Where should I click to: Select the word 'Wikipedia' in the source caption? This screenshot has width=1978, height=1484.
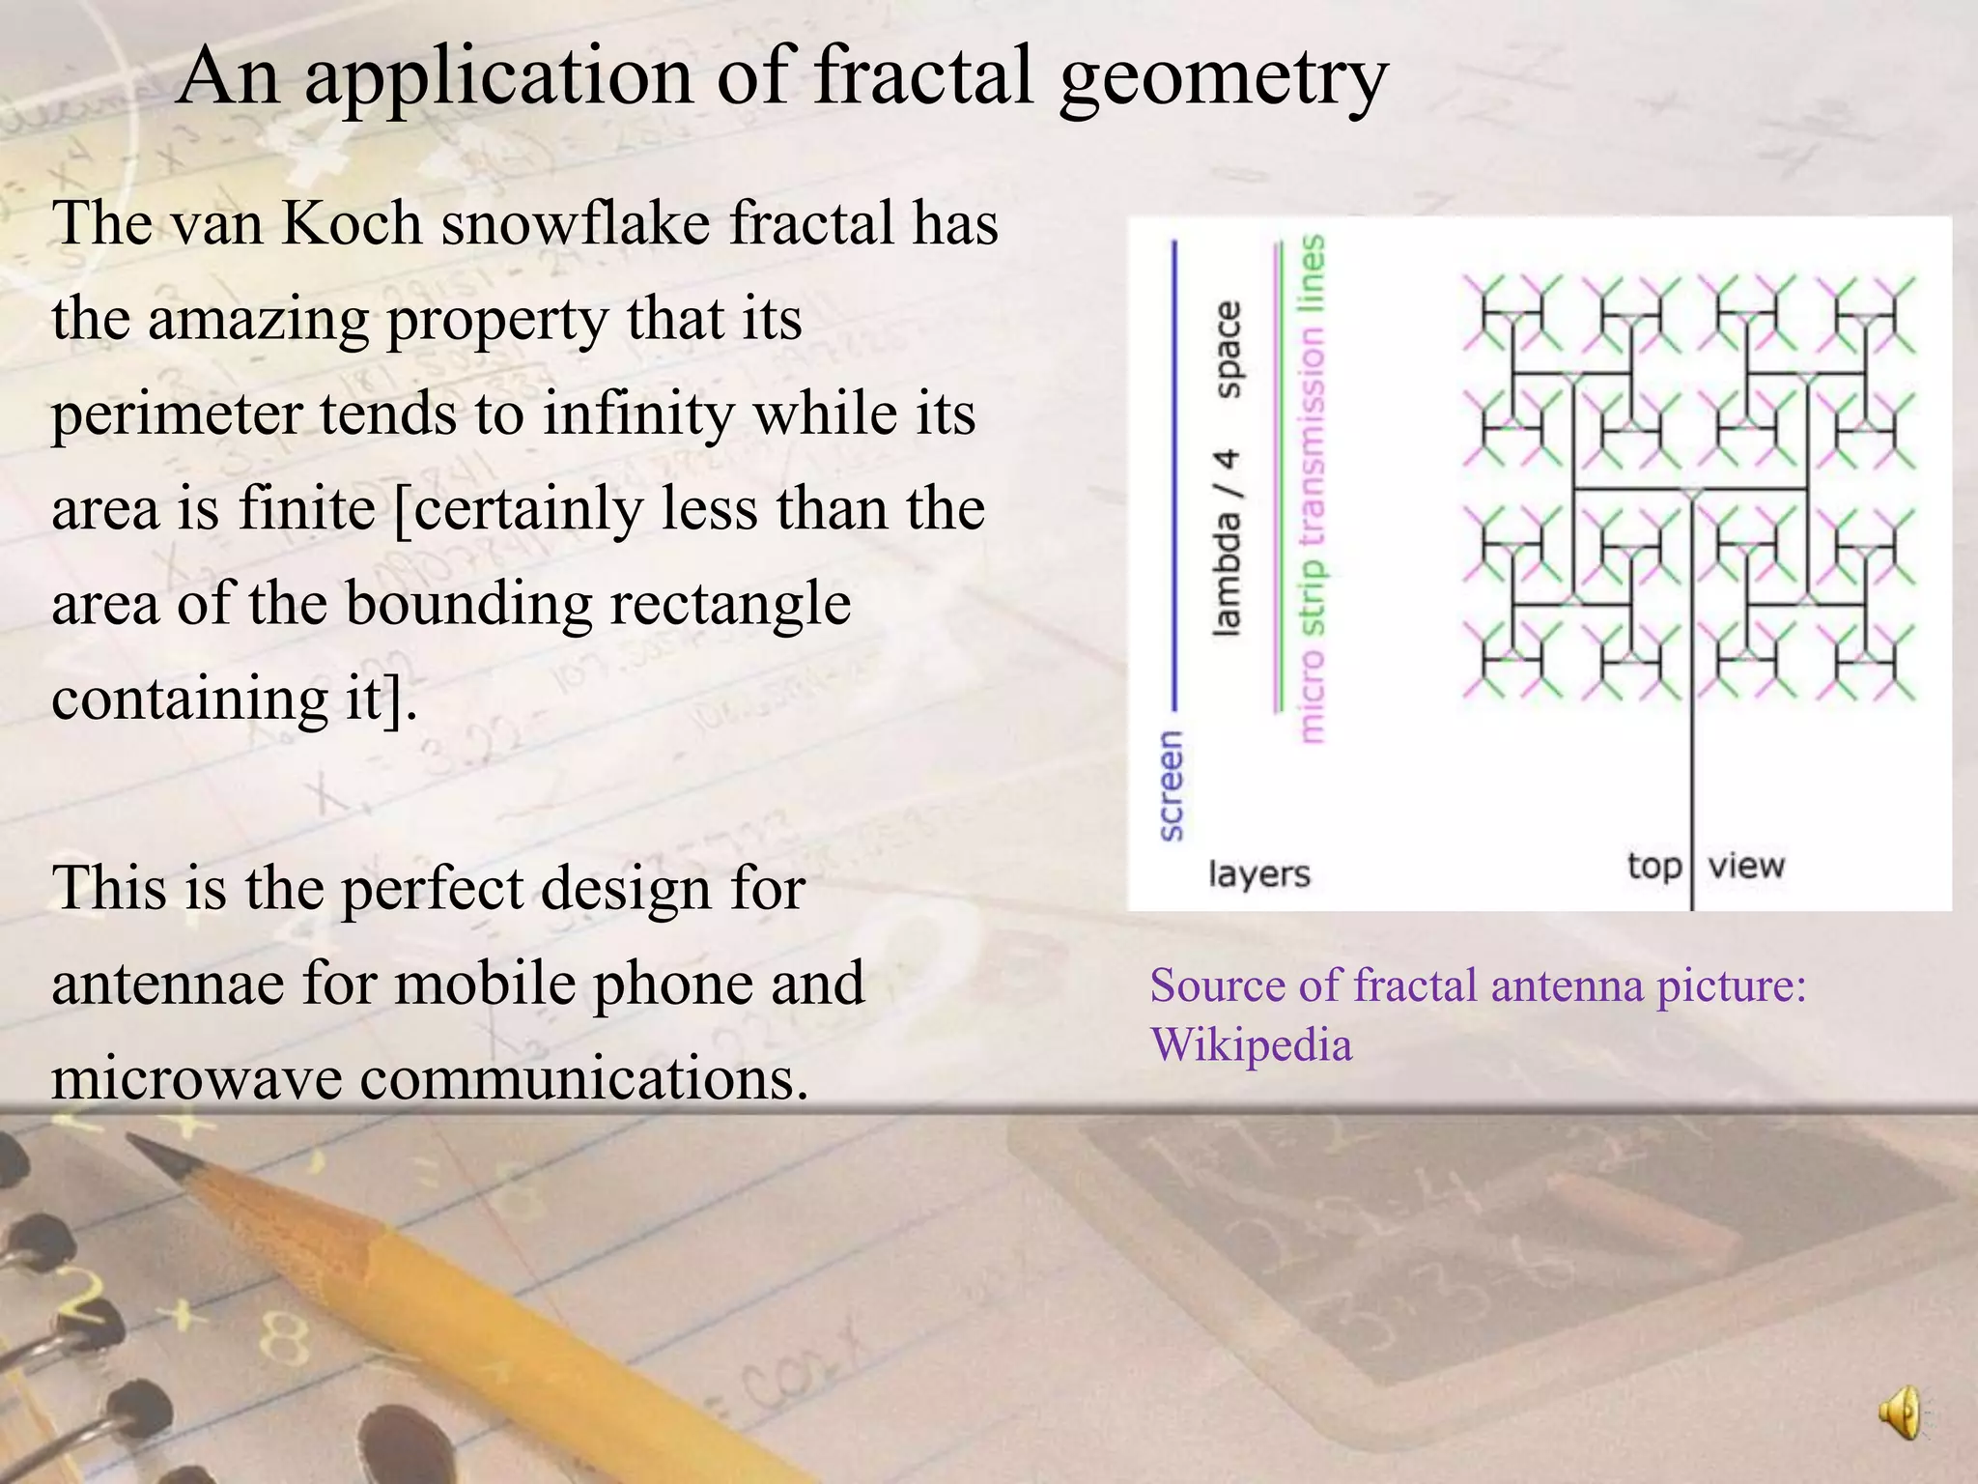click(1251, 1045)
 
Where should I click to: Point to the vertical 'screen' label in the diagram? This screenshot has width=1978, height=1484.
click(1170, 785)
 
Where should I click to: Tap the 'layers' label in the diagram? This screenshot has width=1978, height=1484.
click(1258, 873)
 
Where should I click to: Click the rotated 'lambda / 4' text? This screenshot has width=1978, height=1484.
click(1228, 541)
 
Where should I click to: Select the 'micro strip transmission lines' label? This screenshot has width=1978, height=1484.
click(1312, 488)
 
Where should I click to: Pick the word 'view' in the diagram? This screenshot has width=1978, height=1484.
click(1745, 865)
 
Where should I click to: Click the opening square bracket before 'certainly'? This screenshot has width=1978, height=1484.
click(403, 510)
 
